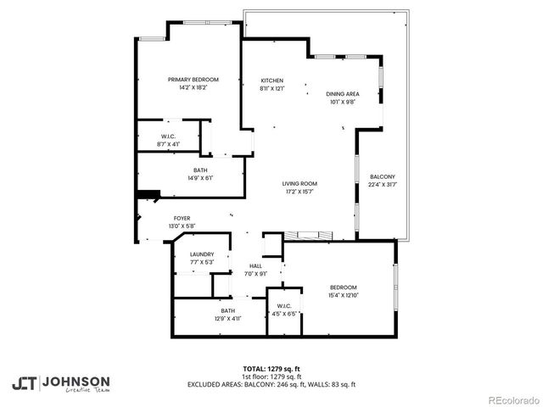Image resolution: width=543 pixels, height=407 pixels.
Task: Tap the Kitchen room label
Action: (x=271, y=80)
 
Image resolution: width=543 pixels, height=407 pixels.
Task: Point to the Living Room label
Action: (x=299, y=184)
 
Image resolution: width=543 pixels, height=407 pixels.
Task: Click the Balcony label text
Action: (x=382, y=176)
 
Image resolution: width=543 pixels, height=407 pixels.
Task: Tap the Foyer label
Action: (x=182, y=218)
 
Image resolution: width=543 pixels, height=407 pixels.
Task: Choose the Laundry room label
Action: (x=202, y=254)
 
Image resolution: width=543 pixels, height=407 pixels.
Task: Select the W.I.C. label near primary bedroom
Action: (x=168, y=137)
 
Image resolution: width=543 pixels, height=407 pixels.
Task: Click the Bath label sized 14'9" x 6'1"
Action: (x=202, y=170)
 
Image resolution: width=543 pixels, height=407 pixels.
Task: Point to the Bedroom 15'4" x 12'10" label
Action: (x=343, y=287)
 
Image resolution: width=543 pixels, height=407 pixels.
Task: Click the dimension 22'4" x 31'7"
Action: (x=382, y=184)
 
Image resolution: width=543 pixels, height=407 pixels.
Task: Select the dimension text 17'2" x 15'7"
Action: (x=299, y=192)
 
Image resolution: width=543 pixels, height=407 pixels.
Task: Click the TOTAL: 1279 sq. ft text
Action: (x=271, y=369)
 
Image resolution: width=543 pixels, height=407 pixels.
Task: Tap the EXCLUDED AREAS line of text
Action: (x=271, y=384)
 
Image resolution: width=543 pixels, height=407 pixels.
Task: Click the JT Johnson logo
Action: (x=60, y=382)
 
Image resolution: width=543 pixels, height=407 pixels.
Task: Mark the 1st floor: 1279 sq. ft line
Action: (x=271, y=376)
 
